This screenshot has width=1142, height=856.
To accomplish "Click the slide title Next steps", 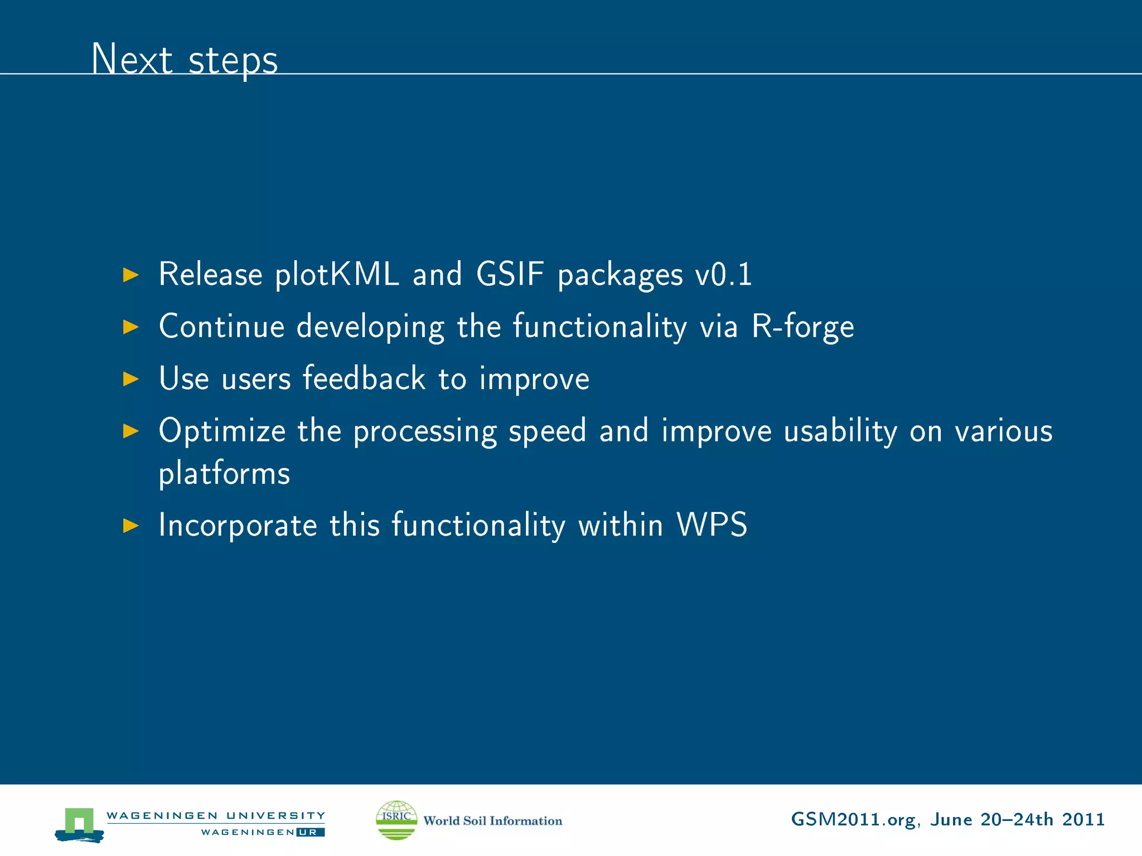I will point(185,59).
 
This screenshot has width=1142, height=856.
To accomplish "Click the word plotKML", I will point(337,275).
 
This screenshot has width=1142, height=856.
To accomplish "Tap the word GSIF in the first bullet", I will point(510,274).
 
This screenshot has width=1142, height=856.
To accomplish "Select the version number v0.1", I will point(723,275).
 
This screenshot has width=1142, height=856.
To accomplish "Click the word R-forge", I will point(802,327).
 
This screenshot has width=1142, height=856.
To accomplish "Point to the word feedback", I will point(364,378).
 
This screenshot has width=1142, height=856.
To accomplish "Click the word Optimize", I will point(222,431).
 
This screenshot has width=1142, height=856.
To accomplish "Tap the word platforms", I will point(224,474).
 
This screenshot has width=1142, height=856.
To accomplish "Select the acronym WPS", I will point(712,524).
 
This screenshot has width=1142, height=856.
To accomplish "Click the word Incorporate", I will point(238,526).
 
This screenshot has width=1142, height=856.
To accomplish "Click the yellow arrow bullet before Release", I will point(130,275).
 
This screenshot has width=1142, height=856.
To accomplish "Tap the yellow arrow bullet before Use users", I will point(130,379).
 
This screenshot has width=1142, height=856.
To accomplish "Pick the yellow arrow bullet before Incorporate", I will point(130,525).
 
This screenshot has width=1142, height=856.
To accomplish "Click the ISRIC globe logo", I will point(396,820).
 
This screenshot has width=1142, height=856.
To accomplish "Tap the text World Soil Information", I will point(492,821).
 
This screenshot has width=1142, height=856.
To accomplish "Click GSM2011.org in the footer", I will point(853,820).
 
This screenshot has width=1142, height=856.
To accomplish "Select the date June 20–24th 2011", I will point(1017,820).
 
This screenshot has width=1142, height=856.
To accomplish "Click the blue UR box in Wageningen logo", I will point(310,833).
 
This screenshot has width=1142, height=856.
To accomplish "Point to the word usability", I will point(840,431).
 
